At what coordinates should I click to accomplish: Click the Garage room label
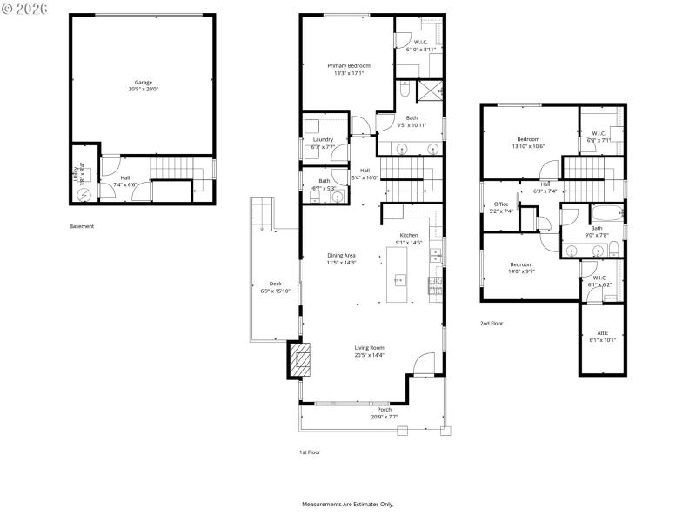143,83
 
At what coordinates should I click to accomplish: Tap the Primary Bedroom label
349,66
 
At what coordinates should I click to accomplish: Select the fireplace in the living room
300,359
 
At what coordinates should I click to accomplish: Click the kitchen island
399,276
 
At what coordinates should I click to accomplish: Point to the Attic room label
603,333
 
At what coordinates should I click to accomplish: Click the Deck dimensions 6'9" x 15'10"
275,291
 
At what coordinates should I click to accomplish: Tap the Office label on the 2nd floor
500,204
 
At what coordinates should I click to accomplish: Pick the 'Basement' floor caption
82,226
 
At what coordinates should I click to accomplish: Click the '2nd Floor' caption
492,323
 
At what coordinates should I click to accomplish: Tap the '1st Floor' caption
310,453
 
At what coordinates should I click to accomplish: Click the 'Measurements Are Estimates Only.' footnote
348,505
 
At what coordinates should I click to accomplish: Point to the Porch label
384,410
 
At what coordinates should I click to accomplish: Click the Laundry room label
323,139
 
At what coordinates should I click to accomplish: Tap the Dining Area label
341,255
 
